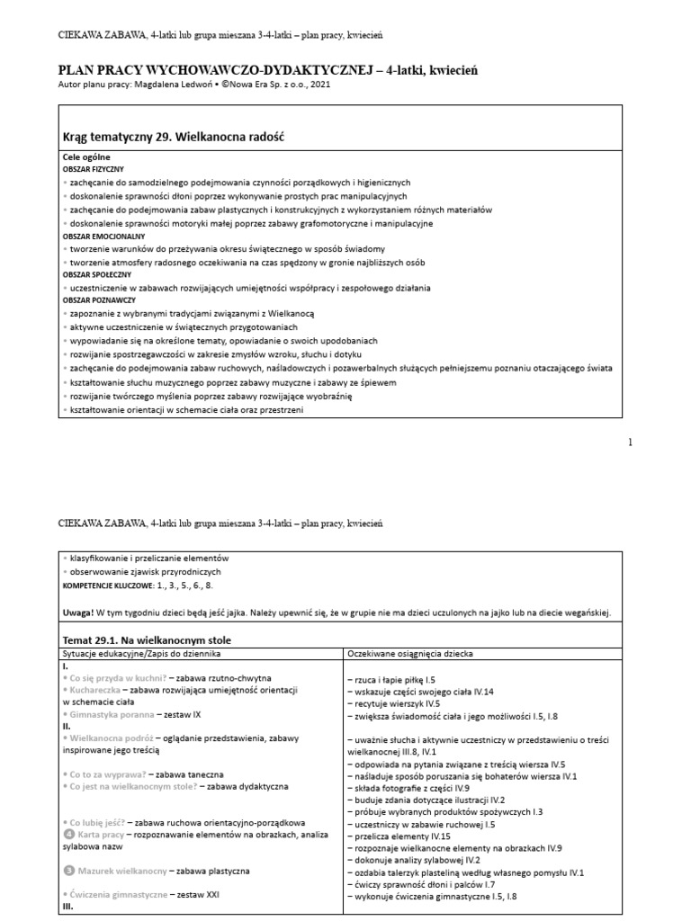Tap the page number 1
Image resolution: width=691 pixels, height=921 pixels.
[630, 442]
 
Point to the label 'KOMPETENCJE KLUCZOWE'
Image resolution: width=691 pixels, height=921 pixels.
[112, 585]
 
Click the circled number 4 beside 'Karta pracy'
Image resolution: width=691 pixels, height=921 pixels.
[68, 835]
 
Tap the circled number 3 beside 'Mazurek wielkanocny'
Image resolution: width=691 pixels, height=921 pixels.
[68, 871]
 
